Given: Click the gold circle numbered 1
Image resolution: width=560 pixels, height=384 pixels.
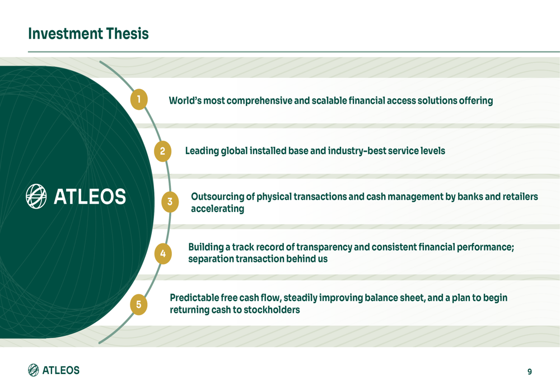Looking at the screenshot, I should coord(138,100).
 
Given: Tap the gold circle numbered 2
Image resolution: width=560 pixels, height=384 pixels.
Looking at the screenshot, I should coord(162,151).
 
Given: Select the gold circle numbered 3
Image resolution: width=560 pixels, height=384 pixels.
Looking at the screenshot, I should coord(170,202).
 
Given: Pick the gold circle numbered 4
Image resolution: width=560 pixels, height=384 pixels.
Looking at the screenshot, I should coord(162,253).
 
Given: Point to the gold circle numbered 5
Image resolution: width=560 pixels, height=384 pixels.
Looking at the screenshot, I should coord(138,304).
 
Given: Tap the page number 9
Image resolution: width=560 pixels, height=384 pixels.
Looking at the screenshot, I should coord(529,371).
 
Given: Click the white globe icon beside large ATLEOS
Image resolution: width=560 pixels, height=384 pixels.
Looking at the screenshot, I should coord(36,196).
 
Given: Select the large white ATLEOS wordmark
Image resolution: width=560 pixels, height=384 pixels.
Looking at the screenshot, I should coord(90,197).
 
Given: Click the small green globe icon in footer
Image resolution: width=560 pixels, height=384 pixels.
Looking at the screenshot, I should coord(34,370).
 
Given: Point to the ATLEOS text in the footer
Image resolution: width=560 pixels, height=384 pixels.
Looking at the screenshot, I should coord(61,370).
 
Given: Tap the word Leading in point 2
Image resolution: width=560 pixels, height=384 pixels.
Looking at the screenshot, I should coord(202,151).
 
